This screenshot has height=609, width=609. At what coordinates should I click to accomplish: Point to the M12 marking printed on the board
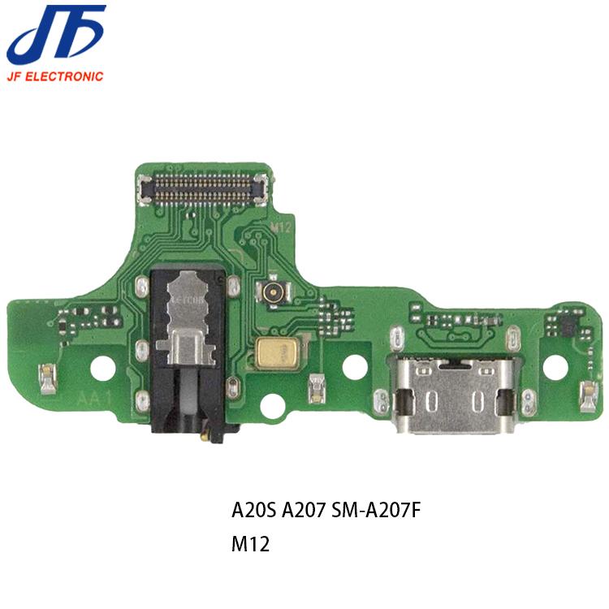[x=281, y=228]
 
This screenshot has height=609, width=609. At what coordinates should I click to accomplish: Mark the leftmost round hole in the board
[x=102, y=368]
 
